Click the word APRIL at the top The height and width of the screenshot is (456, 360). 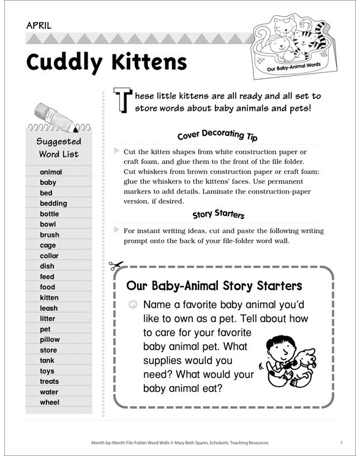[x=39, y=26]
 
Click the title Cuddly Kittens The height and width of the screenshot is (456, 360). [x=107, y=62]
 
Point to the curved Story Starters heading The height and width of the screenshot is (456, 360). [x=219, y=214]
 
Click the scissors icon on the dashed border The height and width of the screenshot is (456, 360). [x=115, y=266]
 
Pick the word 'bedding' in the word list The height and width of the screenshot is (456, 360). [x=53, y=203]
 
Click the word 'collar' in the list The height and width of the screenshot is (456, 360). [x=50, y=256]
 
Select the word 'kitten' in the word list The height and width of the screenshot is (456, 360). [x=50, y=297]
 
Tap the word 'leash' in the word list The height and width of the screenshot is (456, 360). [x=49, y=308]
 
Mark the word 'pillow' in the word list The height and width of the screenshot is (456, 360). [x=50, y=340]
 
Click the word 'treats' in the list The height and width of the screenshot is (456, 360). [x=50, y=381]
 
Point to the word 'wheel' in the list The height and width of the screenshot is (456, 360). [x=50, y=403]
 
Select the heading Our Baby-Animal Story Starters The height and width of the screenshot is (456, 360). [x=214, y=286]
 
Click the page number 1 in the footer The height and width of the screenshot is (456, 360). [x=340, y=442]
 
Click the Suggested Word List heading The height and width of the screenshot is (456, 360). [x=59, y=148]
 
